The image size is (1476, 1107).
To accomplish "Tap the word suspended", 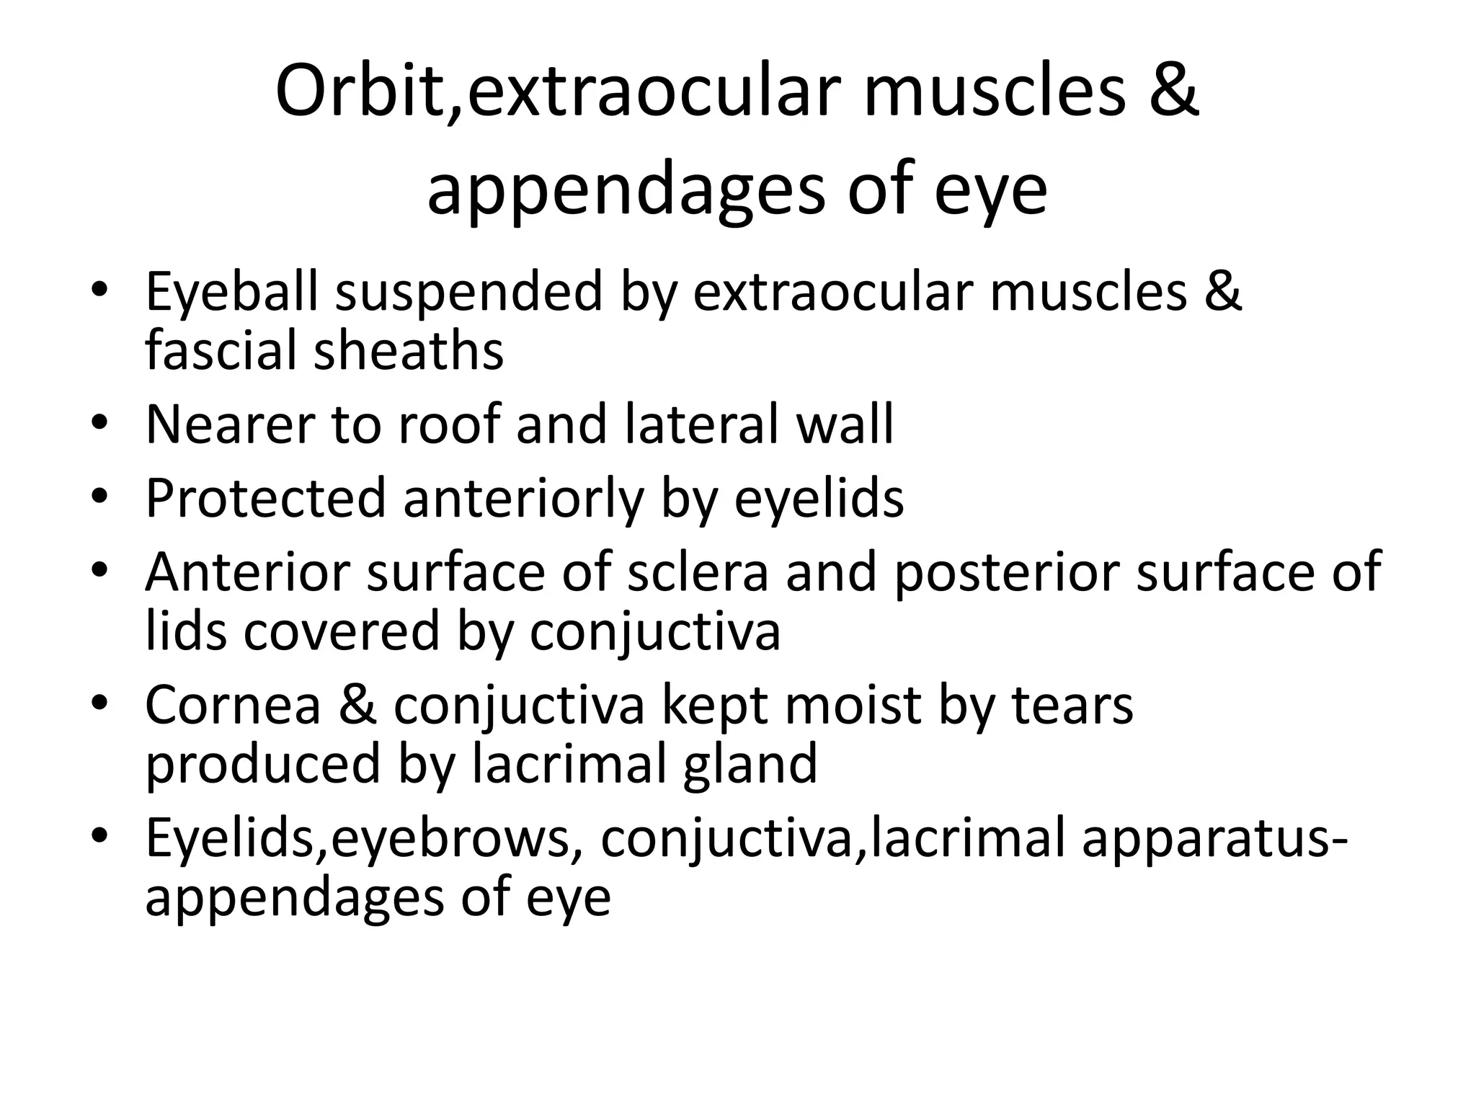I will [468, 293].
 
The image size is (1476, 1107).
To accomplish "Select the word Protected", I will [266, 498].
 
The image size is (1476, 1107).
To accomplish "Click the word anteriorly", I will [523, 498].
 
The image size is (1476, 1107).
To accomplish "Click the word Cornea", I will [233, 705].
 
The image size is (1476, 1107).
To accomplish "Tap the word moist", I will [853, 705].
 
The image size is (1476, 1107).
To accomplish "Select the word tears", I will [1073, 705].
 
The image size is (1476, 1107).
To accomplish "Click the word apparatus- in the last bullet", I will [1214, 839].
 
